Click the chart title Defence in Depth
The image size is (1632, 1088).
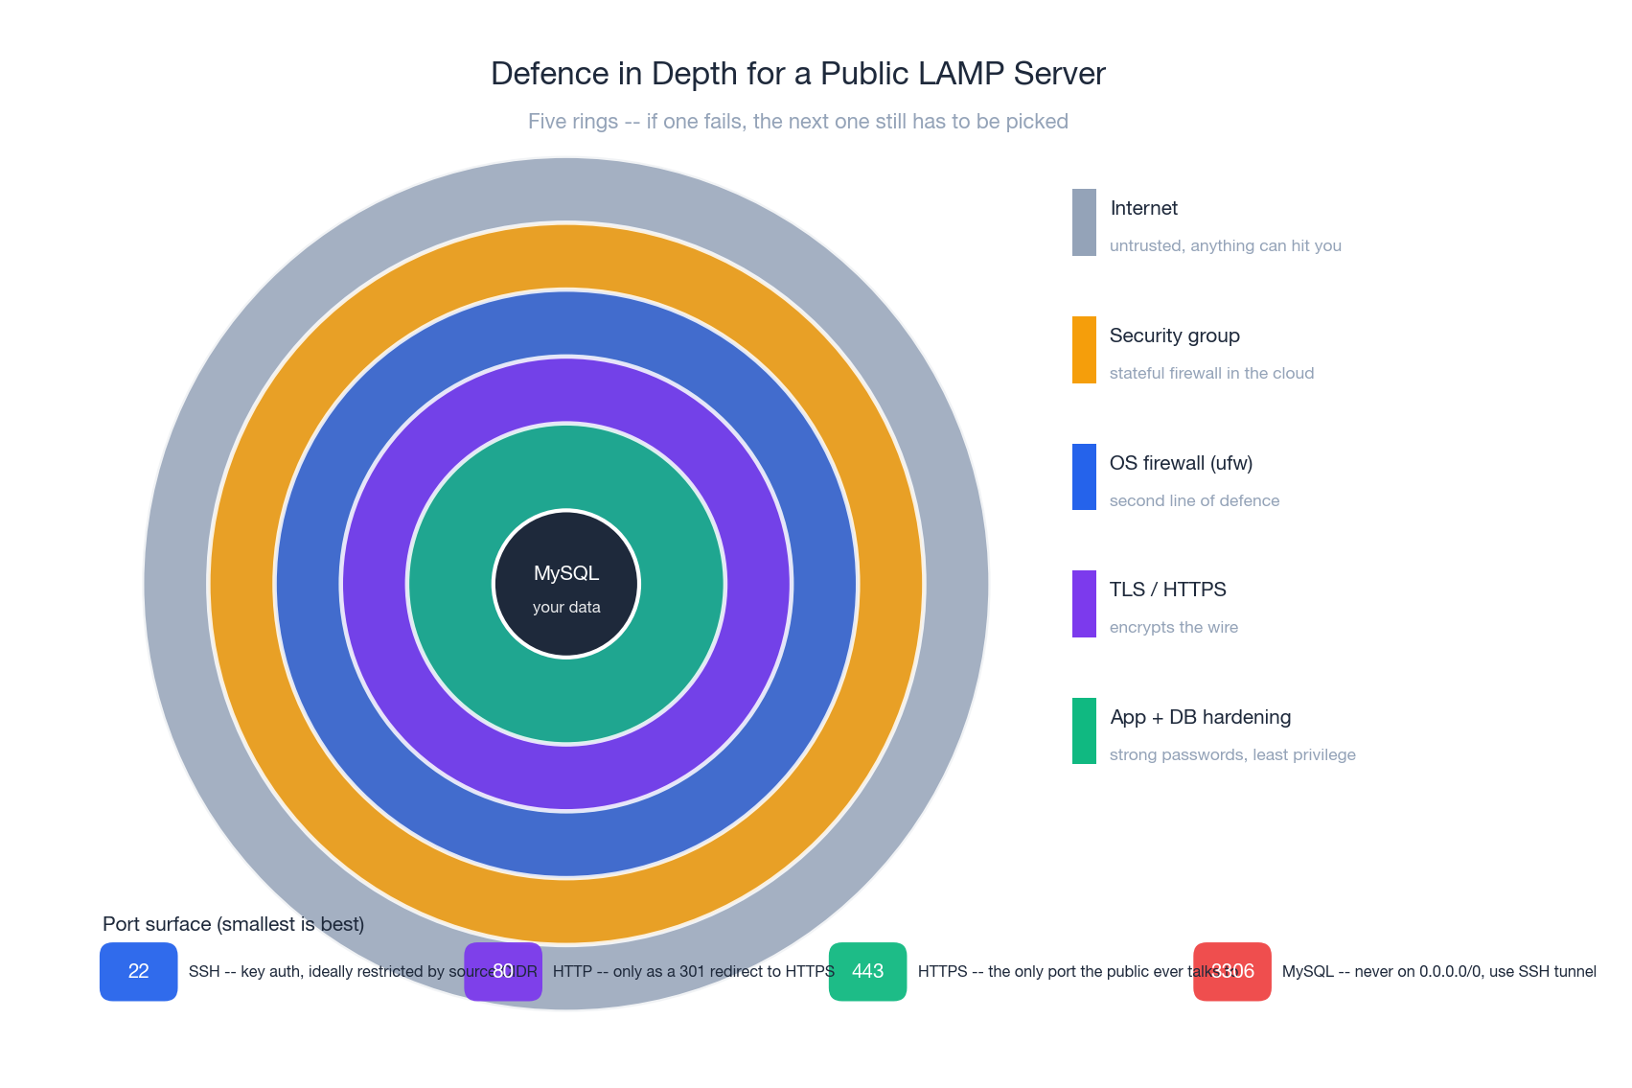click(x=797, y=74)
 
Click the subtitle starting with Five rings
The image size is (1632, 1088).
click(x=797, y=122)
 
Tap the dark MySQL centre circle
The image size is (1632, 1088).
click(x=566, y=584)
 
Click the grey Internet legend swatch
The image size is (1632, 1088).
click(x=1084, y=222)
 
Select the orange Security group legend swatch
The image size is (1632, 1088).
click(x=1084, y=350)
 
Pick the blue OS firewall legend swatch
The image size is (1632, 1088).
click(x=1084, y=476)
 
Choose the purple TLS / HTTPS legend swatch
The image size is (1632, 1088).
click(x=1084, y=604)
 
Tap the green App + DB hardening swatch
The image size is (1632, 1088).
click(x=1084, y=731)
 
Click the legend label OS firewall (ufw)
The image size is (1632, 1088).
click(x=1181, y=463)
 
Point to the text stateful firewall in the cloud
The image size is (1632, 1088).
click(x=1211, y=373)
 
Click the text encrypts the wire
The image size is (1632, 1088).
click(x=1173, y=627)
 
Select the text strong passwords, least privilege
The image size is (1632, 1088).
click(x=1231, y=754)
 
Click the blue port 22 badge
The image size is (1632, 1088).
click(x=139, y=971)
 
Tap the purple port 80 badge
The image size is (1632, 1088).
click(x=503, y=971)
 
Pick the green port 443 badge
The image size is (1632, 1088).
click(x=867, y=971)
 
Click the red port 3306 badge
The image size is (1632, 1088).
click(x=1232, y=971)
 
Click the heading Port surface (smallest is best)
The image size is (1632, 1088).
click(x=233, y=924)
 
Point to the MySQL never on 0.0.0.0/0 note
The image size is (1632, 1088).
click(x=1438, y=971)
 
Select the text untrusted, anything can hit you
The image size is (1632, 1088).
click(x=1225, y=245)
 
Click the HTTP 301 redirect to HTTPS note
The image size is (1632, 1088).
click(x=693, y=971)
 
